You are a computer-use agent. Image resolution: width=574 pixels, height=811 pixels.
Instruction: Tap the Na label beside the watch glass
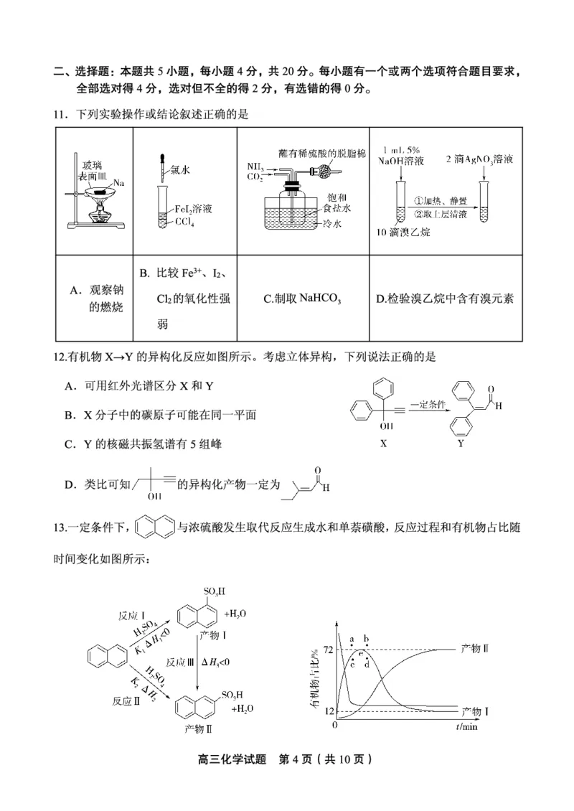[120, 184]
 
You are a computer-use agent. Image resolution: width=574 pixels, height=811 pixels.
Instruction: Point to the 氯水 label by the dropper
[179, 172]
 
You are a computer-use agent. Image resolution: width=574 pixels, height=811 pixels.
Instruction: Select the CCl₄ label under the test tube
[184, 222]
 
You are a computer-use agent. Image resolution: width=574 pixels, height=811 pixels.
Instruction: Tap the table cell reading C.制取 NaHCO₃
[301, 299]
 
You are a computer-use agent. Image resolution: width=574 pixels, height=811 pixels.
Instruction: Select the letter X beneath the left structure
[383, 443]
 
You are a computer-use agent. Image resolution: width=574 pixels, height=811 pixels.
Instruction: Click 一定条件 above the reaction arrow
[430, 405]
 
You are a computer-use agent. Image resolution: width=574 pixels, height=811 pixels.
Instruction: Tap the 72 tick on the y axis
[328, 650]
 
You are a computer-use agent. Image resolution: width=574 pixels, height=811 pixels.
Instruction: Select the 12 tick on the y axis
[328, 711]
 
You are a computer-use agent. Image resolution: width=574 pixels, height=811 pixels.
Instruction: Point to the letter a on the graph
[352, 638]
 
